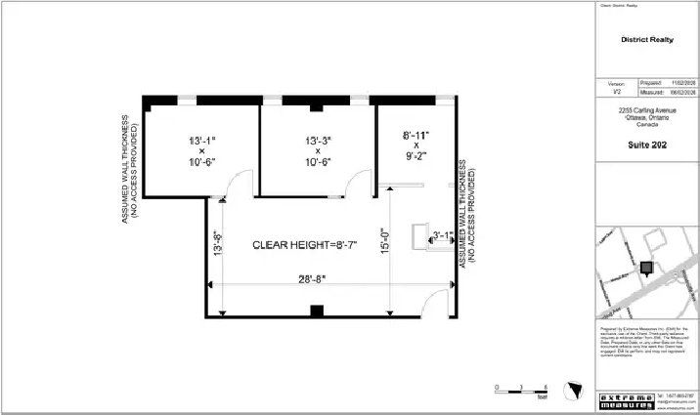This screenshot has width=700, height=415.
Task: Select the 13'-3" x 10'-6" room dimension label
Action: coord(319,151)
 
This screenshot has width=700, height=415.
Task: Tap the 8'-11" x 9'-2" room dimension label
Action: coord(416,144)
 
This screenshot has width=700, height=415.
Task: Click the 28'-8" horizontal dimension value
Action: coord(312,279)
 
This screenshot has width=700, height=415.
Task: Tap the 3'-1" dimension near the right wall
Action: coord(441,234)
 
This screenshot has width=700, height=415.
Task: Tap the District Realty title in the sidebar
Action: coord(646,40)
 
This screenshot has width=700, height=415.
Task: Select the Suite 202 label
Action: coord(646,144)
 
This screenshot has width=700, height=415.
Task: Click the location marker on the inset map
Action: coord(646,269)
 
